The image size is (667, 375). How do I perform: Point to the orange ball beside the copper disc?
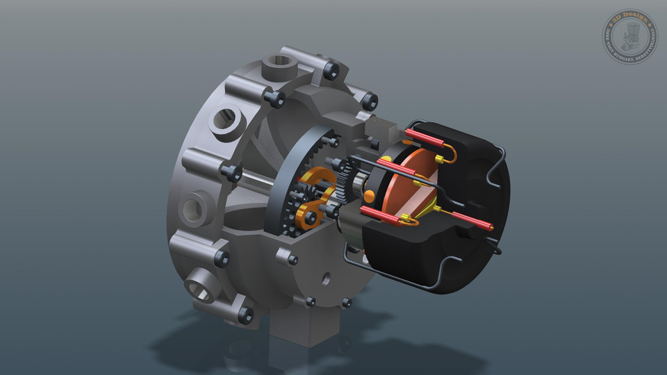(x=370, y=195)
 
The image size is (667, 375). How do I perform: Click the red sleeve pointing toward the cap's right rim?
(x=472, y=220)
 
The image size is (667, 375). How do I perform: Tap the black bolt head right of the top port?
(x=331, y=69)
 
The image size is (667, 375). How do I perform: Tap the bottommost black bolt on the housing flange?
(x=245, y=314)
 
